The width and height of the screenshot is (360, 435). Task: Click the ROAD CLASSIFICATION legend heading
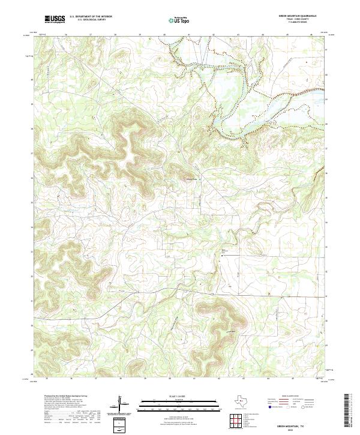pos(290,397)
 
